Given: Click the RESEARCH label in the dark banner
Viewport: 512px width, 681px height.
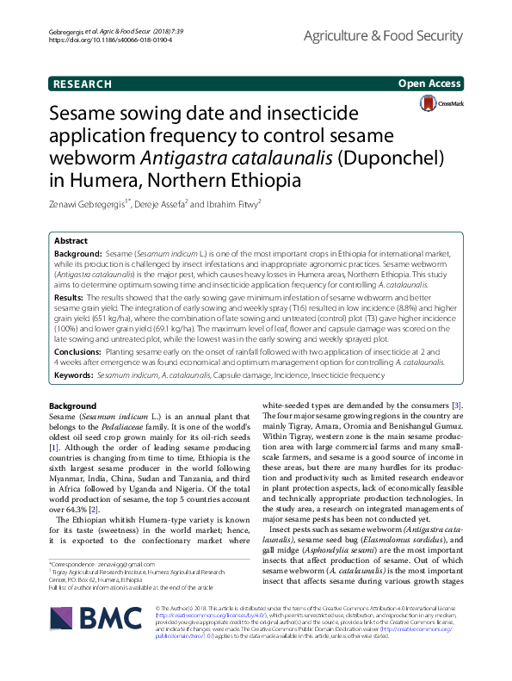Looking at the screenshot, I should pos(82,84).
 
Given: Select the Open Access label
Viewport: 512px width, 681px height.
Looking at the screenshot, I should pos(429,84).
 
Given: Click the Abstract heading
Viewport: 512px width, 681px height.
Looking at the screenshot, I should pos(71,241).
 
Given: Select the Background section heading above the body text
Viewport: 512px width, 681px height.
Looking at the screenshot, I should pos(72,406).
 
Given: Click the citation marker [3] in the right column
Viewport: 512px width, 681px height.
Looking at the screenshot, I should pos(458,406).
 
